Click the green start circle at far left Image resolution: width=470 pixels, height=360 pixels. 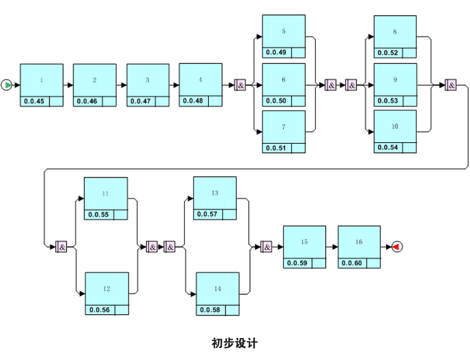[x=6, y=85]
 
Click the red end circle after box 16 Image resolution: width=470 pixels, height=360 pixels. [x=396, y=247]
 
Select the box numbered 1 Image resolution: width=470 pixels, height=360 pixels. [x=41, y=80]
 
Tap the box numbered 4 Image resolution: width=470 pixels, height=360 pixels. [x=201, y=80]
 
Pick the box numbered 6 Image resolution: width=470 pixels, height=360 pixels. [x=283, y=80]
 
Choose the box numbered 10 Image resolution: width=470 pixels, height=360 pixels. [x=395, y=127]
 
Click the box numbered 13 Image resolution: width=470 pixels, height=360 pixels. [x=215, y=194]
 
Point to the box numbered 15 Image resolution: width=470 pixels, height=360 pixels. [x=304, y=242]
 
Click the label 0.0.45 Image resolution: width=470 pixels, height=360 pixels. [x=34, y=102]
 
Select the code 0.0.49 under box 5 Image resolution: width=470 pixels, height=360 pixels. [x=276, y=53]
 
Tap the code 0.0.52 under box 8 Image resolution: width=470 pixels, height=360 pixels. [x=387, y=53]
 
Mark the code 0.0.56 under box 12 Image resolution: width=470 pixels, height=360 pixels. [x=99, y=310]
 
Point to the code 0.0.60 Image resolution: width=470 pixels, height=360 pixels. [x=352, y=263]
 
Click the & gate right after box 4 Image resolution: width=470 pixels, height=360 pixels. [x=240, y=85]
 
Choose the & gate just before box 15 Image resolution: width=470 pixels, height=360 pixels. [x=266, y=247]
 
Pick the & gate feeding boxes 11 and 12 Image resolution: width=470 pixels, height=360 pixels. [x=61, y=246]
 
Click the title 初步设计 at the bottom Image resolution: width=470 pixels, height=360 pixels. [x=234, y=343]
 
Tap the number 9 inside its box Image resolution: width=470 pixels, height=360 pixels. [x=395, y=80]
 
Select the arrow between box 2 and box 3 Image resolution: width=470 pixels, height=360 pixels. [x=122, y=85]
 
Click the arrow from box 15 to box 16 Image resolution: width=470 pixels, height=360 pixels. [x=332, y=247]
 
